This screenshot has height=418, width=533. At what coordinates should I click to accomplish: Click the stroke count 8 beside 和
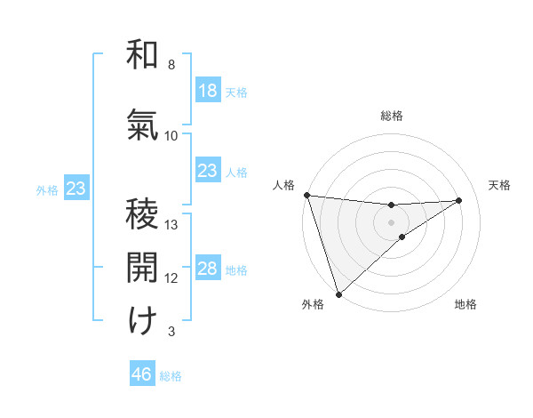[x=171, y=65]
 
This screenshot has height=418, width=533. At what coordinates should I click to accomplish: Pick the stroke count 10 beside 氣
[x=171, y=135]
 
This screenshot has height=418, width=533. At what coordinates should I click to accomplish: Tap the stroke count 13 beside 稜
[x=171, y=224]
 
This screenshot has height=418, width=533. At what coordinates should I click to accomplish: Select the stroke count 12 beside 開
[x=171, y=277]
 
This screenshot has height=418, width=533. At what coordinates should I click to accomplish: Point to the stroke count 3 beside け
[x=171, y=332]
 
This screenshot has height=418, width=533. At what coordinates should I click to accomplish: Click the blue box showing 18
[x=207, y=90]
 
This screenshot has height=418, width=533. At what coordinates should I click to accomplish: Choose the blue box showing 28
[x=207, y=269]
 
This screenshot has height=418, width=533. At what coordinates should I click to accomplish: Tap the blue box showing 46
[x=142, y=374]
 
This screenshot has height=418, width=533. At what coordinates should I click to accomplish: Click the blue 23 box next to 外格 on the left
[x=76, y=189]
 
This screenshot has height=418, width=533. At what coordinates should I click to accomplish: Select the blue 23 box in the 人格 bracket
[x=207, y=170]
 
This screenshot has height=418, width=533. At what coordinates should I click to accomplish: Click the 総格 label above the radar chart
[x=392, y=116]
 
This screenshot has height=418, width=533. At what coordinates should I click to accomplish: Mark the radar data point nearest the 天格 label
[x=459, y=200]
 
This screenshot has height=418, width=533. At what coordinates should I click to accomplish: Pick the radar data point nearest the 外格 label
[x=338, y=294]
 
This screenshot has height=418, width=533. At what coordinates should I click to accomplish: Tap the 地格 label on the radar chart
[x=465, y=304]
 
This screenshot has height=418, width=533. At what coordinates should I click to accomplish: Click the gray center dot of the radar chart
[x=392, y=221]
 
